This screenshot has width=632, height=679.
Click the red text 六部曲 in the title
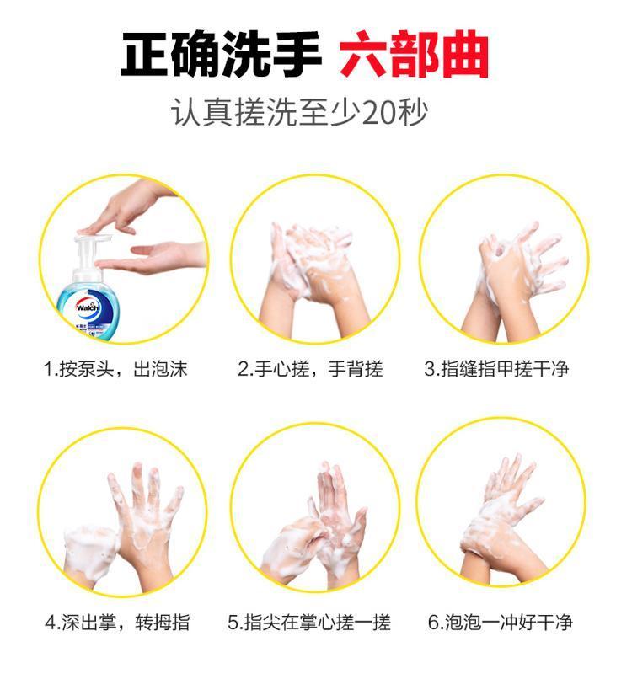414,54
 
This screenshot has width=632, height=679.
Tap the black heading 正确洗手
221,54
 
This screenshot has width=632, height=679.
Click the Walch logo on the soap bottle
88,307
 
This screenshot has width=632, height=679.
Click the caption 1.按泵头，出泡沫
115,369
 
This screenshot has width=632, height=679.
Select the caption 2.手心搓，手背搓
310,369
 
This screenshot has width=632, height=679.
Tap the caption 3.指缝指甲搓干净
496,369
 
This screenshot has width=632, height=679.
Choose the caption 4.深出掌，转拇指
117,623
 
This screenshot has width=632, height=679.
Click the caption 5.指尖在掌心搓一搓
309,623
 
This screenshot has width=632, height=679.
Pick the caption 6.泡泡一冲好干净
501,623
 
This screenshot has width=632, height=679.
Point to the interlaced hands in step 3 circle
511,277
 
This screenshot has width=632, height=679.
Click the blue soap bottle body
88,307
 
